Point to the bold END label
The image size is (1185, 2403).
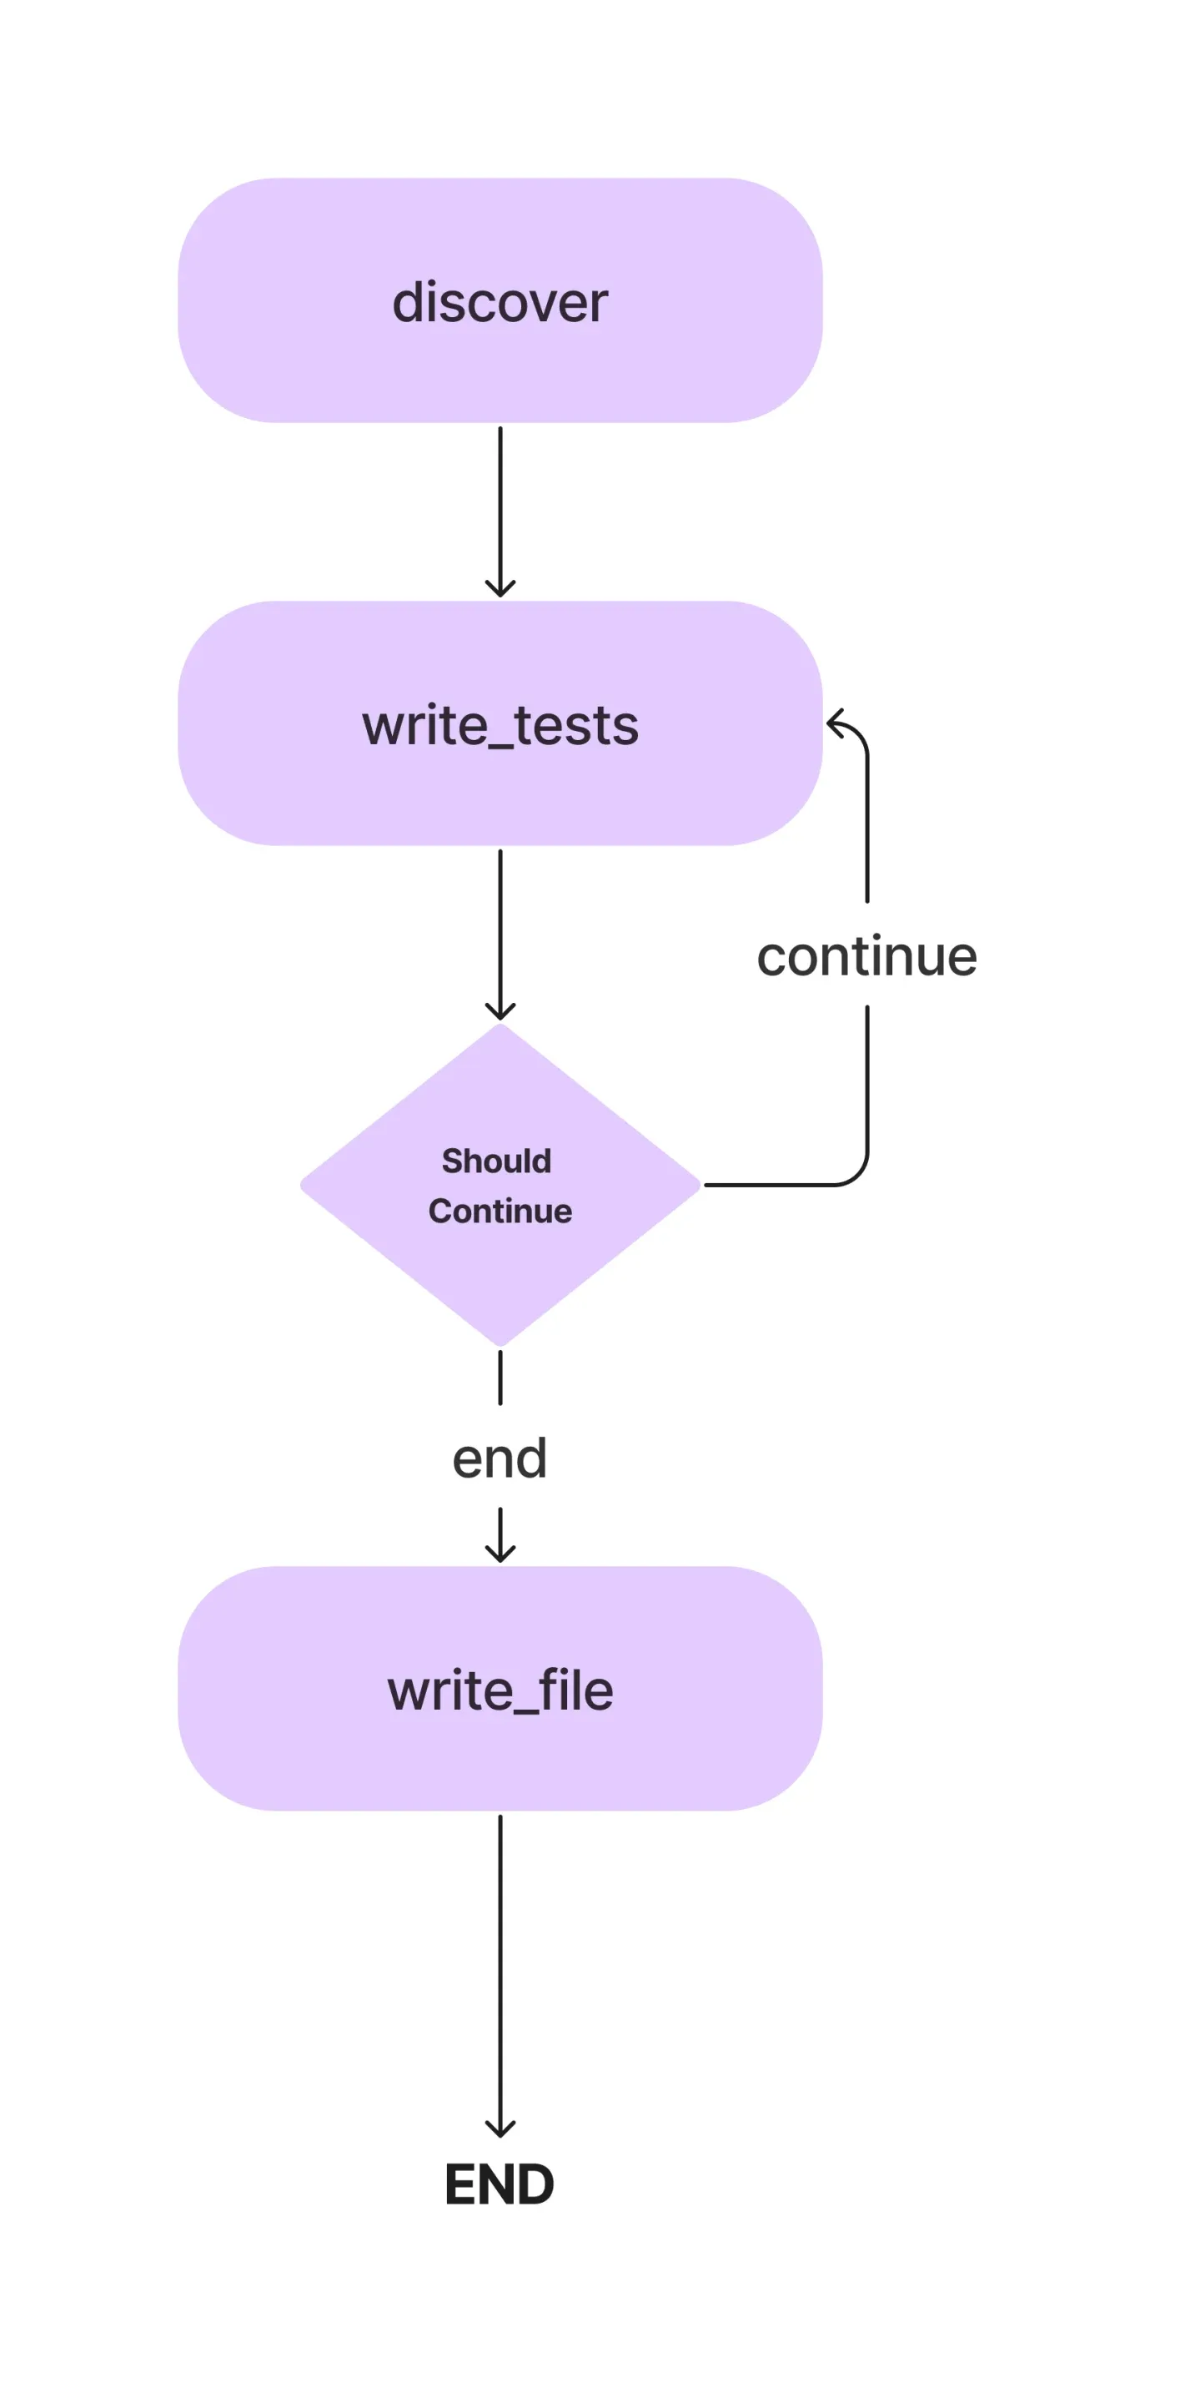(x=500, y=2184)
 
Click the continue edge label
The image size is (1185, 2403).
(x=866, y=956)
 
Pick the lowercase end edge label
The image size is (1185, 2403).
(x=500, y=1458)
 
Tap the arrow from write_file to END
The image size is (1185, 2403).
(x=500, y=1968)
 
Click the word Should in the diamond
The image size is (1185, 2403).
(x=496, y=1161)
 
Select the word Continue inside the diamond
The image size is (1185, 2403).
(x=500, y=1211)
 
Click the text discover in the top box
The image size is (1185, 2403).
(x=500, y=302)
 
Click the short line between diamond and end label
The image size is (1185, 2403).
(x=500, y=1377)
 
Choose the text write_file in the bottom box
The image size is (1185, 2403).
(x=500, y=1690)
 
